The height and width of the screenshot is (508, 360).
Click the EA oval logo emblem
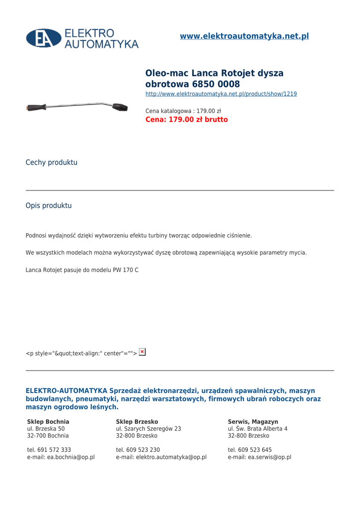coord(44,38)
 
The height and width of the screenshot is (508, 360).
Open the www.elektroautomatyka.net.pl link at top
coord(244,36)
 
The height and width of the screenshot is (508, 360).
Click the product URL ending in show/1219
coord(221,94)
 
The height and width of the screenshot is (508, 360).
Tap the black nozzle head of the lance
coord(120,107)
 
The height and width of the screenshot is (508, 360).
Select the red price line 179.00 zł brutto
coord(186,120)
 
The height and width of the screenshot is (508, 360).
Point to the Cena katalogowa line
coord(183,111)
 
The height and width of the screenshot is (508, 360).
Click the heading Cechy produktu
coord(51,162)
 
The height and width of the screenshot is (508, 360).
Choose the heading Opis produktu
coord(49,205)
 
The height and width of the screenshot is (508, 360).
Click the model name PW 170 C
coord(125,270)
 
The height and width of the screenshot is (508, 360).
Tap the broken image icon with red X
coord(143,352)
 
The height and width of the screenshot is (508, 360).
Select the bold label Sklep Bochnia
coord(48,422)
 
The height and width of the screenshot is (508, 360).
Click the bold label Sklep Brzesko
coord(137,422)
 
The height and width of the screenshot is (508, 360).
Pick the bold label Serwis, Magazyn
coord(253,422)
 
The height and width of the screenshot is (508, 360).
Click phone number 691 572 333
coord(54,450)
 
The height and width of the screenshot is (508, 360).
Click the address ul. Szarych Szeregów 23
coord(148,429)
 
